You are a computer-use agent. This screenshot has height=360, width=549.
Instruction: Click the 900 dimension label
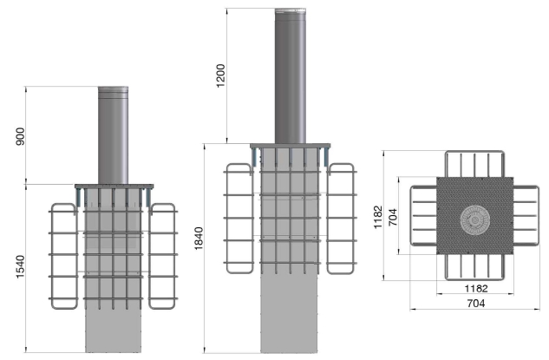pos(21,136)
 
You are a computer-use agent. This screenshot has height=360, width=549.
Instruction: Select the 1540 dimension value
pos(21,267)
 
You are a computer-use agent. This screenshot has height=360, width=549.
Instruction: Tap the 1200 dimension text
pos(220,75)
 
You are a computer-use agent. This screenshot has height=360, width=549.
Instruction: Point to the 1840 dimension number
pos(199,239)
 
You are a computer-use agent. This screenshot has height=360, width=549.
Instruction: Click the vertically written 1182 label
pos(378,217)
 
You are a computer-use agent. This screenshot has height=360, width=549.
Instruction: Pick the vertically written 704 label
pos(393,217)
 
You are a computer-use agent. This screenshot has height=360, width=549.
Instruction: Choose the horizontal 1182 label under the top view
pos(476,289)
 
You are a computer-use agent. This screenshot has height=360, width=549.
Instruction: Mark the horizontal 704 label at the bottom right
pos(476,304)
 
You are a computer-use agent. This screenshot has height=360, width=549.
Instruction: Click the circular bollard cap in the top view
pos(474,220)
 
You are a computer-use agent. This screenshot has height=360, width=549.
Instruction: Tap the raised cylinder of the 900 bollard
pos(113,135)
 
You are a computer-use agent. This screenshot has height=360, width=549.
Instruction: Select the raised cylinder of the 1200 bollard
pos(291,76)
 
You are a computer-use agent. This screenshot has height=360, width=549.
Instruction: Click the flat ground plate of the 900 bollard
pos(114,187)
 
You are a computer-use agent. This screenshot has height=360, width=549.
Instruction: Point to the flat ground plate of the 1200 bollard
pos(291,146)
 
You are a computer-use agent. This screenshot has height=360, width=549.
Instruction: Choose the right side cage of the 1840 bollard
pos(352,218)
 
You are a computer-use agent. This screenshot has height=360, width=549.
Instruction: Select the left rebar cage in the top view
pos(412,216)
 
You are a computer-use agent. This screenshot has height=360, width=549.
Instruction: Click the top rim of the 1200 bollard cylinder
pos(291,11)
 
